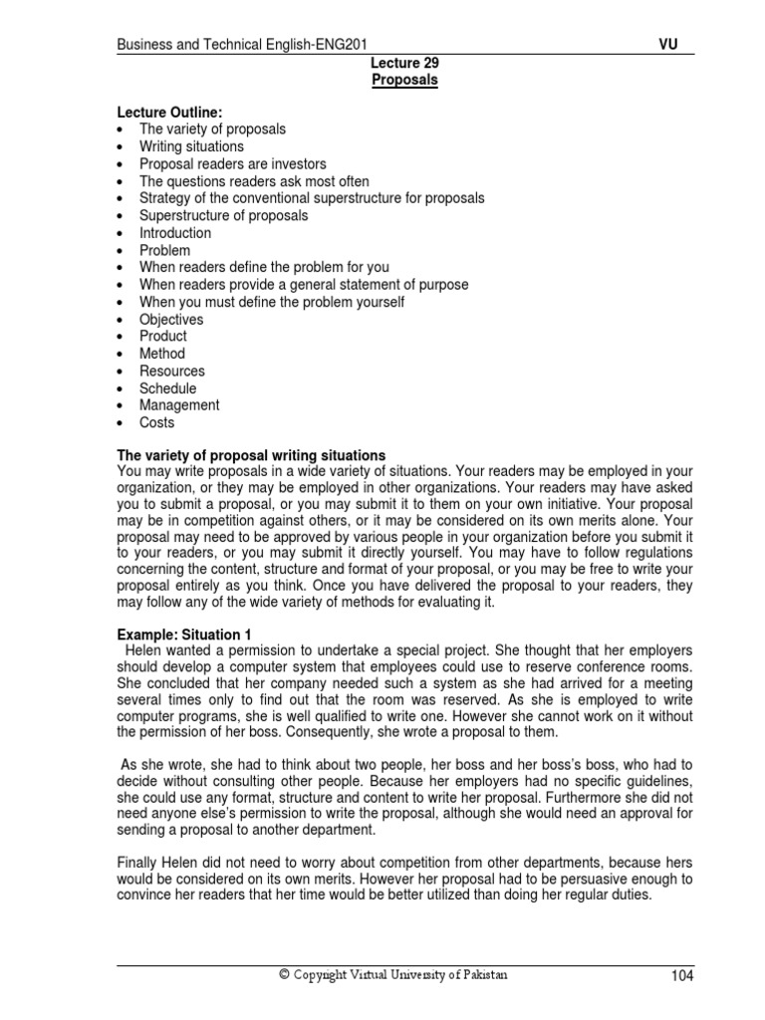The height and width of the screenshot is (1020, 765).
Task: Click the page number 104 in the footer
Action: tap(681, 976)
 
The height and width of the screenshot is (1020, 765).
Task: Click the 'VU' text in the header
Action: tap(668, 45)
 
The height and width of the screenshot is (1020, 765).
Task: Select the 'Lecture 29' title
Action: tap(404, 63)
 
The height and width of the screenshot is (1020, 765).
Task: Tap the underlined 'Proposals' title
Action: tap(404, 80)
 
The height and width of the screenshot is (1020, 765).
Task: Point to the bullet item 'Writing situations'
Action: tap(191, 146)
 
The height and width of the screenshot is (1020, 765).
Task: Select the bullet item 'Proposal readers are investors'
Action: tap(232, 163)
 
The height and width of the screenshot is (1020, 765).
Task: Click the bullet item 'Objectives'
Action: tap(170, 319)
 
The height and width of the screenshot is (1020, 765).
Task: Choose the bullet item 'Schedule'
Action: tap(167, 388)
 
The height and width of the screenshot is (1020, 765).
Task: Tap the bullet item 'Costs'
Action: tap(156, 422)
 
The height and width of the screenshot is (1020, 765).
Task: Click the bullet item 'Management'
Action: tap(179, 405)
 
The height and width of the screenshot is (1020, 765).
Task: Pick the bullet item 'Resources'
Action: tap(171, 371)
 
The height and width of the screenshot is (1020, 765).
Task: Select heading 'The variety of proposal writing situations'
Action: tap(251, 454)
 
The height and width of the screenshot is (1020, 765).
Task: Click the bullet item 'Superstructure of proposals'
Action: tap(223, 215)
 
